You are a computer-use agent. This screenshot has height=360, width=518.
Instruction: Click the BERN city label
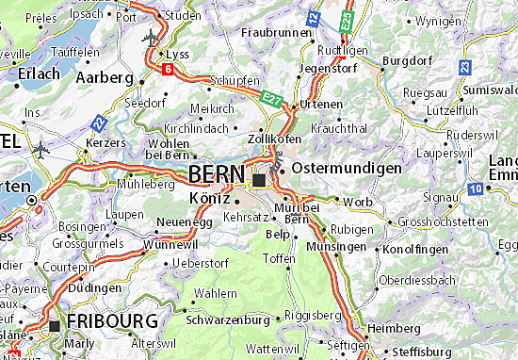[x=218, y=175]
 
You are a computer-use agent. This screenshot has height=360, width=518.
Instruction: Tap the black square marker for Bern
[x=260, y=179]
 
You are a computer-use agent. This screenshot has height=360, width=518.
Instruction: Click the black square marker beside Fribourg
[x=56, y=326]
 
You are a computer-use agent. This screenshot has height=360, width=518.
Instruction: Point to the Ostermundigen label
[x=347, y=167]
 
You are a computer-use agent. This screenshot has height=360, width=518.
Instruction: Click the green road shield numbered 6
[x=166, y=70]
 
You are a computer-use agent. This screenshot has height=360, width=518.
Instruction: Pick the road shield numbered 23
[x=465, y=67]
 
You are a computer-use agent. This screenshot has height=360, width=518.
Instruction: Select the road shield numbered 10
[x=478, y=190]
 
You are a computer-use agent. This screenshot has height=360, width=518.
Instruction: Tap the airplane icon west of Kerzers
[x=39, y=149]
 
